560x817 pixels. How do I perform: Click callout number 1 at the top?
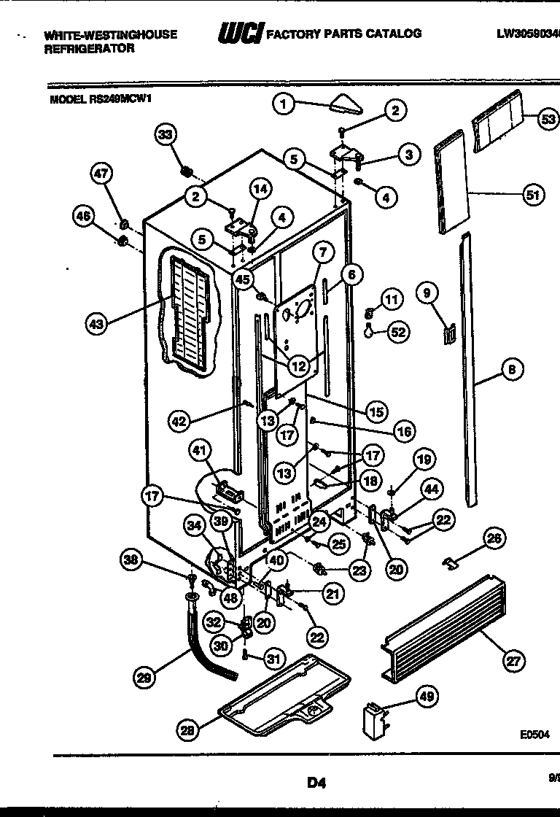pos(284,104)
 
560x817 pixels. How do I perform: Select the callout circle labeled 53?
pos(548,120)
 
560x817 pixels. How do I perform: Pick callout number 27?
pos(514,662)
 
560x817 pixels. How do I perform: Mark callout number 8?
pos(512,371)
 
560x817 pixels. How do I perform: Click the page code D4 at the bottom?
pos(315,783)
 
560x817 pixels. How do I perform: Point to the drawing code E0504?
pos(534,736)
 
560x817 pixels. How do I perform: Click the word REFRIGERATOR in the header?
pos(89,48)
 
